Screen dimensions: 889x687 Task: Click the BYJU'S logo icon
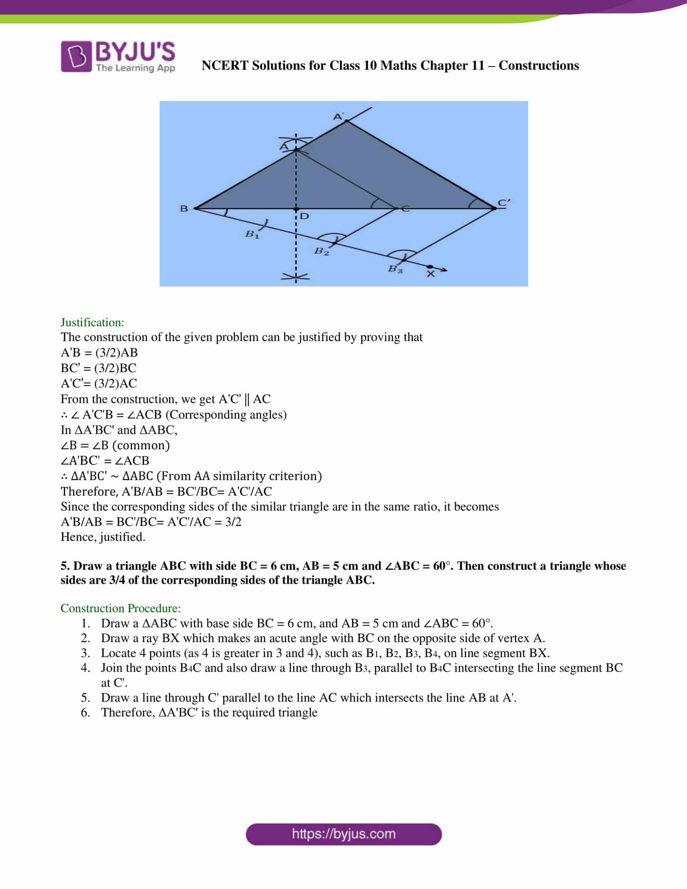(76, 56)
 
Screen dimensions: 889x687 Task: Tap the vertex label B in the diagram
(184, 209)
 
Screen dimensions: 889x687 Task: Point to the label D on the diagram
(304, 216)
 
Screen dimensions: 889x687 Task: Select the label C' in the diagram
(504, 202)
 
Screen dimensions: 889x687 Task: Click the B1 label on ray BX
(252, 234)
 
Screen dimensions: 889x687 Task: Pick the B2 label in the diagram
(322, 251)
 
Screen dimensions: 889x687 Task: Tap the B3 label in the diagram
(395, 269)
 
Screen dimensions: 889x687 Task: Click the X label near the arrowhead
(431, 274)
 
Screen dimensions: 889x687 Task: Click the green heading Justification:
(93, 322)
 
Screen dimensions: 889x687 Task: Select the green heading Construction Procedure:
(120, 608)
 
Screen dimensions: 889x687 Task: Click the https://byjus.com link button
(343, 834)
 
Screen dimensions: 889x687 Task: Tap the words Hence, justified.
(103, 537)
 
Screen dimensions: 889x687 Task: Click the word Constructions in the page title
(538, 65)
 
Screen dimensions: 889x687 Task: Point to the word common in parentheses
(141, 445)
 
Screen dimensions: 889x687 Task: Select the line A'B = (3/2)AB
(99, 352)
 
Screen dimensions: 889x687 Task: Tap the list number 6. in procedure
(85, 712)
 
